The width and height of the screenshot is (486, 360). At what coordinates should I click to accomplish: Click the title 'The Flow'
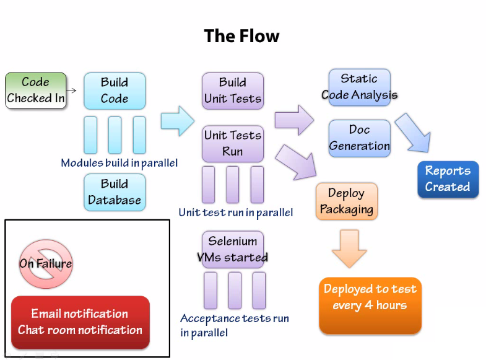tap(241, 37)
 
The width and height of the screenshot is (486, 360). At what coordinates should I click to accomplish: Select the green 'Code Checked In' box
tap(35, 90)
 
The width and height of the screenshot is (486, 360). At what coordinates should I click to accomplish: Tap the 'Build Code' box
tap(115, 90)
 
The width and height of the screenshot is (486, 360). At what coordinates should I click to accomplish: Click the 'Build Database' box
tap(115, 192)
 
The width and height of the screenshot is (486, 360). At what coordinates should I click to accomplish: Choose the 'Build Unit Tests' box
tap(233, 90)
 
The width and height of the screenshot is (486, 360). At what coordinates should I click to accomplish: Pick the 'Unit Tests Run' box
tap(233, 143)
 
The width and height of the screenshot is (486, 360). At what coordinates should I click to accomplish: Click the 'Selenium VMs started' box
tap(233, 249)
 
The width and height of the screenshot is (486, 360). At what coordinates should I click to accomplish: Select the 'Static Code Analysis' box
tap(359, 87)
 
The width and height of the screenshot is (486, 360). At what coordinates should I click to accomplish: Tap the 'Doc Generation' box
tap(359, 138)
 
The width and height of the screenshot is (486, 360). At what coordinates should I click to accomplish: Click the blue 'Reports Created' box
tap(448, 179)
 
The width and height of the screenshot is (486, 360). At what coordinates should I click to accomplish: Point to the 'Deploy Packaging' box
tap(347, 201)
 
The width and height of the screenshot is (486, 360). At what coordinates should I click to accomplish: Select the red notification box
tap(80, 322)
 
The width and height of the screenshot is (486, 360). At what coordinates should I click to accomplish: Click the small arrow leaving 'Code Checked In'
tap(71, 90)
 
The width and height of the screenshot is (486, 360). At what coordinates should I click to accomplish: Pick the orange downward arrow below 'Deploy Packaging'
tap(349, 248)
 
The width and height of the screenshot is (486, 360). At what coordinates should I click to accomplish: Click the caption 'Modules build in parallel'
tap(119, 163)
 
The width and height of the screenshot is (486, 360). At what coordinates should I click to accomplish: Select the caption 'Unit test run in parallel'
tap(235, 213)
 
